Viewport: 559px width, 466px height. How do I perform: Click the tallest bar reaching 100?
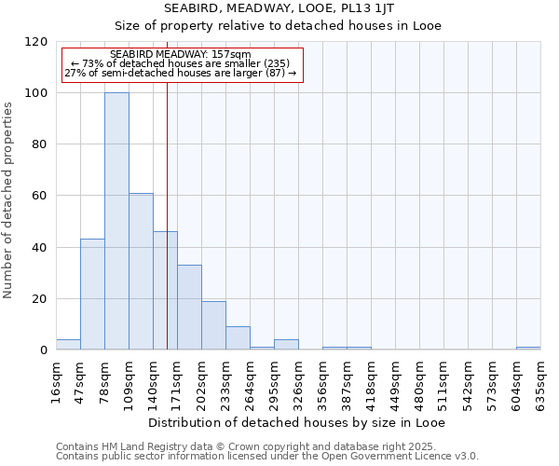[x=116, y=222]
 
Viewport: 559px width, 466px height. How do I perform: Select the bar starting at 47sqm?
[x=92, y=295]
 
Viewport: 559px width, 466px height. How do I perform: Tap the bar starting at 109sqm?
[x=141, y=271]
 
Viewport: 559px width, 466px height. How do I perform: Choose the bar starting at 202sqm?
[x=213, y=325]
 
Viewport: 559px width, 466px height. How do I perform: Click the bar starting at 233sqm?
[x=238, y=338]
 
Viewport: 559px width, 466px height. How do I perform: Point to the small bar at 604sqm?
[x=528, y=348]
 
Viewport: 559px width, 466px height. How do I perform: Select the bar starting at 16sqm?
[x=68, y=345]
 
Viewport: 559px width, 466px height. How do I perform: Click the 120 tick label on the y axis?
[x=36, y=42]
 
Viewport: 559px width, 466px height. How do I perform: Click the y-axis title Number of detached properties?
[x=9, y=200]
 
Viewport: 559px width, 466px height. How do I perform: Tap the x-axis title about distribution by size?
[x=297, y=422]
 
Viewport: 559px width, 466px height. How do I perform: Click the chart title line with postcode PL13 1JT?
[x=279, y=8]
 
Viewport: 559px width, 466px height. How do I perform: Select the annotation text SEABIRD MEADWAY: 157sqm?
[x=180, y=55]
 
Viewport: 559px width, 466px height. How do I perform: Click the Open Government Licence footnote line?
[x=266, y=457]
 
